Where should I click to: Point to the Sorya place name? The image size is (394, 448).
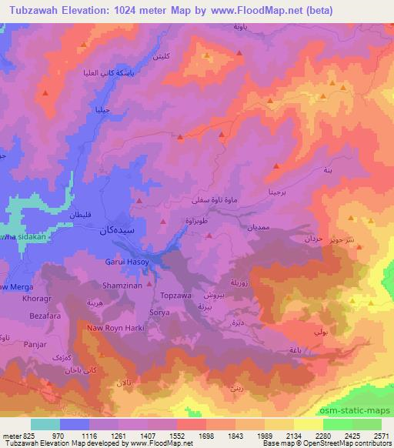click(x=159, y=313)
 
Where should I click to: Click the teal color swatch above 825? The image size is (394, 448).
click(x=45, y=424)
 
